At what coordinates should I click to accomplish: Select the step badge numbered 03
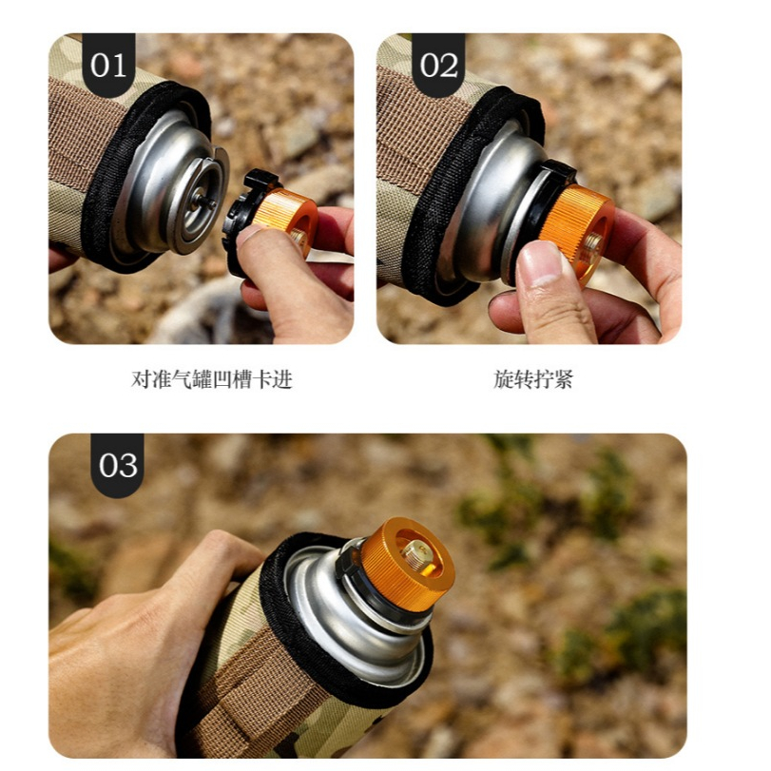[118, 465]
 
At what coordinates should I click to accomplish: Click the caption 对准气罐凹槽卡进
[211, 379]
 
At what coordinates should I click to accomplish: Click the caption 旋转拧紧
[533, 379]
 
